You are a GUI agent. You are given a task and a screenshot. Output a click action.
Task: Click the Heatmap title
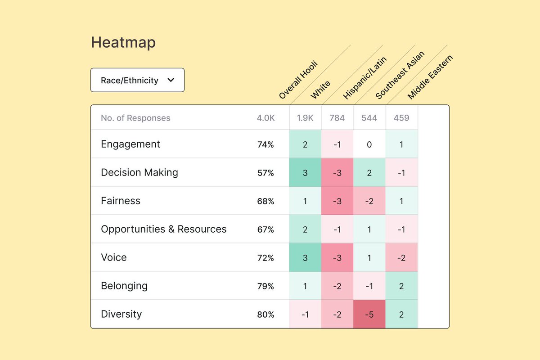pyautogui.click(x=123, y=43)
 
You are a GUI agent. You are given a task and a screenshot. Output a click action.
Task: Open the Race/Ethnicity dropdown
pyautogui.click(x=137, y=80)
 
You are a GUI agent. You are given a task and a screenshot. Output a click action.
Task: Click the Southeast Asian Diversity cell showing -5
pyautogui.click(x=369, y=314)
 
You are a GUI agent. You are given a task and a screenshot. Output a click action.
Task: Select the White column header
pyautogui.click(x=320, y=90)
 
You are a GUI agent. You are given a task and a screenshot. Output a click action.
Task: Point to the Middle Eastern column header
pyautogui.click(x=430, y=77)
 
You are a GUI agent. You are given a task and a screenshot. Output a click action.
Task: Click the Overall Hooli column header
pyautogui.click(x=298, y=80)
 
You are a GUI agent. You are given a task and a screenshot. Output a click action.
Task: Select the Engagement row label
pyautogui.click(x=130, y=144)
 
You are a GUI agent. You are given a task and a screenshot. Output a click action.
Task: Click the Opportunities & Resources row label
pyautogui.click(x=164, y=229)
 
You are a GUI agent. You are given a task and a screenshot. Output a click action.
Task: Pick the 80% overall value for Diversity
pyautogui.click(x=265, y=315)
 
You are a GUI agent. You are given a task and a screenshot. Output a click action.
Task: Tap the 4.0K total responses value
pyautogui.click(x=265, y=118)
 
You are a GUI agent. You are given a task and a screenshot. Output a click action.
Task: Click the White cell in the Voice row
pyautogui.click(x=305, y=257)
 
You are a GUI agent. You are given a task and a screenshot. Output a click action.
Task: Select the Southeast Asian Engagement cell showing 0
pyautogui.click(x=369, y=144)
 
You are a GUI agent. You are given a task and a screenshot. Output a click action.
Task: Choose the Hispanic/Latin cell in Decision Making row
pyautogui.click(x=337, y=173)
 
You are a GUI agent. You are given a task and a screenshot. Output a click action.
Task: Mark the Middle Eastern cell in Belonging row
pyautogui.click(x=401, y=286)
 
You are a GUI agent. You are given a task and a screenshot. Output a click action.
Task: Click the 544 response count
pyautogui.click(x=369, y=118)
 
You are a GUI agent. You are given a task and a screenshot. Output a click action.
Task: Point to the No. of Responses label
pyautogui.click(x=135, y=118)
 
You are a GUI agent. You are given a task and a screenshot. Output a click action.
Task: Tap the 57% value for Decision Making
pyautogui.click(x=265, y=173)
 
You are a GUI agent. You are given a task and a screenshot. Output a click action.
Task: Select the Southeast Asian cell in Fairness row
pyautogui.click(x=369, y=201)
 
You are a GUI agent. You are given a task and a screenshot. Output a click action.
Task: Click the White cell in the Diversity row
pyautogui.click(x=305, y=314)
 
